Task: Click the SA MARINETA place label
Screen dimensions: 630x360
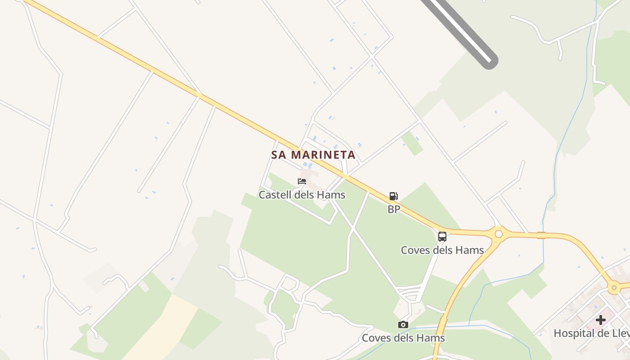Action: click(x=313, y=155)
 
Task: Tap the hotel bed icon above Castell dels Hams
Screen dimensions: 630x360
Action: click(x=302, y=181)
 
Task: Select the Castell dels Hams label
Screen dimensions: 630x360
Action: click(x=301, y=195)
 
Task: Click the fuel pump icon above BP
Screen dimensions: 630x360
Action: click(x=394, y=196)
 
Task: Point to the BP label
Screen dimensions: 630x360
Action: click(x=394, y=209)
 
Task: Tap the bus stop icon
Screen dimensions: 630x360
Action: click(x=442, y=236)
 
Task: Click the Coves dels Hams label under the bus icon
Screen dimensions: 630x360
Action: click(x=442, y=250)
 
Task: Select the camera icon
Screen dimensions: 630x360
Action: click(x=403, y=324)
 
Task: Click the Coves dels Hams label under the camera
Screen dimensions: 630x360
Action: click(x=403, y=338)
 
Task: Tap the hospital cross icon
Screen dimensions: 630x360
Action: click(x=601, y=320)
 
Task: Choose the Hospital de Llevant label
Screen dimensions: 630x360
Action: click(x=591, y=333)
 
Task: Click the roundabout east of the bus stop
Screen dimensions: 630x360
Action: click(x=499, y=234)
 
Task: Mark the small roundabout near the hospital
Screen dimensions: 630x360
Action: click(x=614, y=287)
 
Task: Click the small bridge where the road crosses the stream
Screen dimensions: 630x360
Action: click(x=541, y=235)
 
